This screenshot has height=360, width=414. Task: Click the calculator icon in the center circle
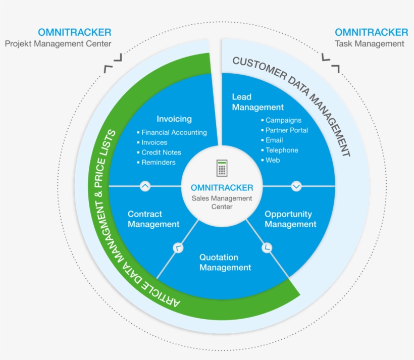(x=222, y=168)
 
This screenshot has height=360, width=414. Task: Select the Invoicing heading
(x=174, y=119)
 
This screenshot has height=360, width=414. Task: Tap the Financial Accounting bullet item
(x=174, y=132)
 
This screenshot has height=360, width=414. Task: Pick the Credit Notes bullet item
(x=161, y=152)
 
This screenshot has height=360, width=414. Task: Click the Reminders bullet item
(x=159, y=162)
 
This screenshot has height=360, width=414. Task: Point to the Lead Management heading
(x=257, y=102)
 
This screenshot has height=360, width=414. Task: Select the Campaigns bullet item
(x=283, y=120)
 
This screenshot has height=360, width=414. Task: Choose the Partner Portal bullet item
(x=286, y=130)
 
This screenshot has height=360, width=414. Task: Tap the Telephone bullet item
(x=282, y=150)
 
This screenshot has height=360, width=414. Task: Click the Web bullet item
(x=273, y=160)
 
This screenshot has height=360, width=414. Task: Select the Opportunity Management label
(x=290, y=219)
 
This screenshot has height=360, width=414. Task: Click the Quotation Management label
(x=225, y=263)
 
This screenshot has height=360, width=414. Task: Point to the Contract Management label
(x=153, y=219)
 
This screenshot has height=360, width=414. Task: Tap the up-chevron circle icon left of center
(x=145, y=186)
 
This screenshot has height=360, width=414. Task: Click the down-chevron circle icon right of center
(x=296, y=186)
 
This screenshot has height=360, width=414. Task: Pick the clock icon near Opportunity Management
(x=267, y=247)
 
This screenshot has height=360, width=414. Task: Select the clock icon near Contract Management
(x=178, y=247)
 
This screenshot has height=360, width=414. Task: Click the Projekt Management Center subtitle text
(x=58, y=43)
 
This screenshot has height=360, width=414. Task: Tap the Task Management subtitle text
(x=370, y=43)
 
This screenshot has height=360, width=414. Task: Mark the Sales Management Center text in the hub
(x=222, y=202)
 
